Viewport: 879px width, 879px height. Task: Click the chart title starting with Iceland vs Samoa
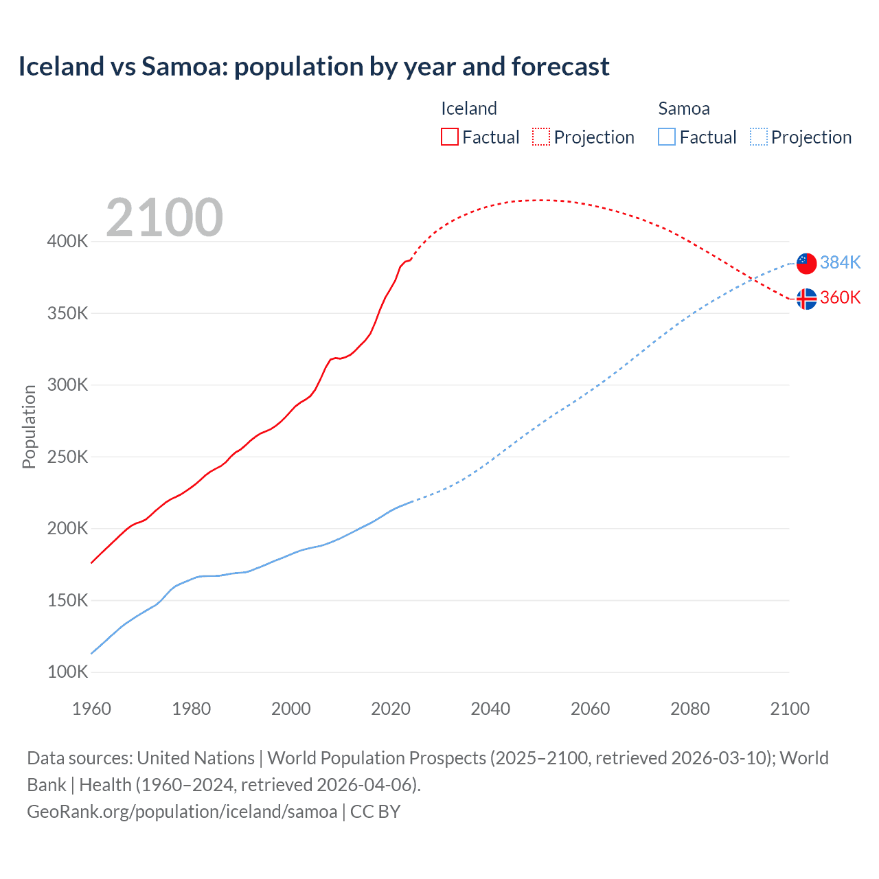tap(313, 67)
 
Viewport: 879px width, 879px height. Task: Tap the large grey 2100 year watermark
tap(164, 218)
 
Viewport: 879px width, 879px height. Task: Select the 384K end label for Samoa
tap(840, 263)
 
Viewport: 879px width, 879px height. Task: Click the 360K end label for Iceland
tap(840, 298)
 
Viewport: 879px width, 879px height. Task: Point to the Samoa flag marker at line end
tap(806, 263)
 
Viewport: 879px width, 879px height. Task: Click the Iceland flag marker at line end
tap(806, 299)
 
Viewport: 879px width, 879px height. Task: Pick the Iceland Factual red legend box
tap(450, 137)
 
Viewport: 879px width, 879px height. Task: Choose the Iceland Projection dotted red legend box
tap(541, 137)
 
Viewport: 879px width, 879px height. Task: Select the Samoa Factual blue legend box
tap(667, 137)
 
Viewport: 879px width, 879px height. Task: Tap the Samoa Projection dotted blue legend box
tap(759, 137)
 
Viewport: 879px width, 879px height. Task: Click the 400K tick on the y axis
tap(67, 242)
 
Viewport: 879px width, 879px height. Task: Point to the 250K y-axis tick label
tap(67, 457)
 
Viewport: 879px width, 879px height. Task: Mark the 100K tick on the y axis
tap(67, 672)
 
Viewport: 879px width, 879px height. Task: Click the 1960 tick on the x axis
tap(91, 709)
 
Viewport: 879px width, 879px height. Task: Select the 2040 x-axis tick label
tap(490, 709)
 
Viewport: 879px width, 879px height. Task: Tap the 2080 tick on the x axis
tap(689, 709)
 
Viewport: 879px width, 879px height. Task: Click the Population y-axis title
tap(29, 426)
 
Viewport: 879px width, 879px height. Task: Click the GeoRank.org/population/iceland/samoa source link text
tap(182, 812)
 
